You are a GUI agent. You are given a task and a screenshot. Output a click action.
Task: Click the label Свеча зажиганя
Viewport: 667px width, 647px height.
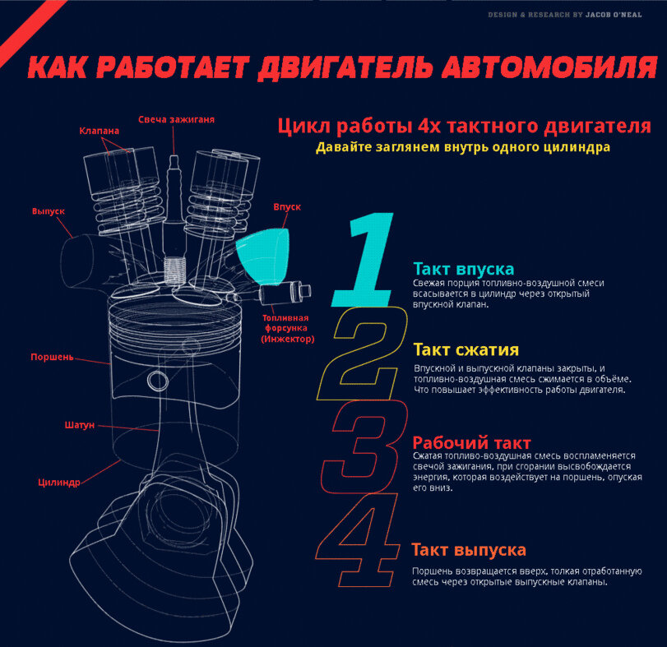click(x=176, y=119)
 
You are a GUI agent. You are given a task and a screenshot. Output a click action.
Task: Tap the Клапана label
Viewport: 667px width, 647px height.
click(x=100, y=131)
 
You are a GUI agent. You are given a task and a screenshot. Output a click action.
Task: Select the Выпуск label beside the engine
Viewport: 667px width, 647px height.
click(x=49, y=211)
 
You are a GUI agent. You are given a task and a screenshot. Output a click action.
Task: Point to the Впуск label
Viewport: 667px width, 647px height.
click(x=287, y=207)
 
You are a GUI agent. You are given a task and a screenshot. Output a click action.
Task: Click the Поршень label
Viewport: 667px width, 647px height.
click(x=52, y=357)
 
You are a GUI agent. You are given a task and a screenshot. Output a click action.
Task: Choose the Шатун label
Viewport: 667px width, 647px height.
click(x=80, y=425)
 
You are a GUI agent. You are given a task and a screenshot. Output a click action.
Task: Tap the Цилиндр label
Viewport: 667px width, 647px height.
click(x=59, y=483)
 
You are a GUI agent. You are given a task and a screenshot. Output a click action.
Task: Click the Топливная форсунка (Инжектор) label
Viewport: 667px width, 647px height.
click(x=287, y=328)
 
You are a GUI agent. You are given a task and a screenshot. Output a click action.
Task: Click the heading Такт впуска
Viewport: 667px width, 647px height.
click(x=464, y=269)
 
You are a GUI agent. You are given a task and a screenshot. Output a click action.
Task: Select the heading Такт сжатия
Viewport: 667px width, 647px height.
click(x=466, y=349)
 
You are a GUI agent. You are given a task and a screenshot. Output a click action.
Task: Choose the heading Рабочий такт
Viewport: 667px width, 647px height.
click(x=472, y=442)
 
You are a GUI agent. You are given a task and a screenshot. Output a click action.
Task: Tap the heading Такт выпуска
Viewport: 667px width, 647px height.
click(x=469, y=550)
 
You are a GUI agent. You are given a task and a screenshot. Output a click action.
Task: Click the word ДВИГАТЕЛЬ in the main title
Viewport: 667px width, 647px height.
click(x=345, y=67)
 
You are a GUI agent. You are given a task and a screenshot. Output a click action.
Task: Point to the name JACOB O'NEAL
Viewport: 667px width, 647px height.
click(x=614, y=15)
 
